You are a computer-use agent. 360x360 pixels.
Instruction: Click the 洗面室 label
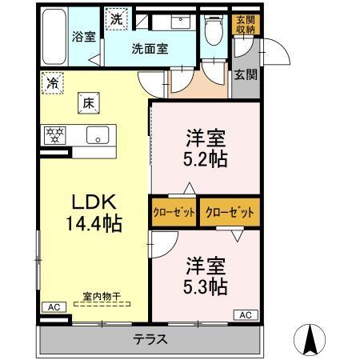pyautogui.click(x=150, y=48)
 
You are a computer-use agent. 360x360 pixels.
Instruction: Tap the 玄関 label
pyautogui.click(x=245, y=76)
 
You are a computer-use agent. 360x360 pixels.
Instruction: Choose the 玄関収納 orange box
pyautogui.click(x=244, y=25)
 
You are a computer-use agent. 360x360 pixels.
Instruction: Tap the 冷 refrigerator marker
pyautogui.click(x=53, y=82)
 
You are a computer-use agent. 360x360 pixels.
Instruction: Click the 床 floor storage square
pyautogui.click(x=87, y=102)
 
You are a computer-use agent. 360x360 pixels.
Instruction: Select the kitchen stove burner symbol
pyautogui.click(x=54, y=134)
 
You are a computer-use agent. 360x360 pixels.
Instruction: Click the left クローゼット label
pyautogui.click(x=173, y=213)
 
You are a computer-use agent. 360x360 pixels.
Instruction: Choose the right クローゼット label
pyautogui.click(x=230, y=213)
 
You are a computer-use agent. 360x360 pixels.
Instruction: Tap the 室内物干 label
pyautogui.click(x=102, y=297)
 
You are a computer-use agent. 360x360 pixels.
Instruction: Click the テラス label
pyautogui.click(x=150, y=339)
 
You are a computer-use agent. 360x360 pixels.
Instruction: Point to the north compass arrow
pyautogui.click(x=313, y=339)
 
